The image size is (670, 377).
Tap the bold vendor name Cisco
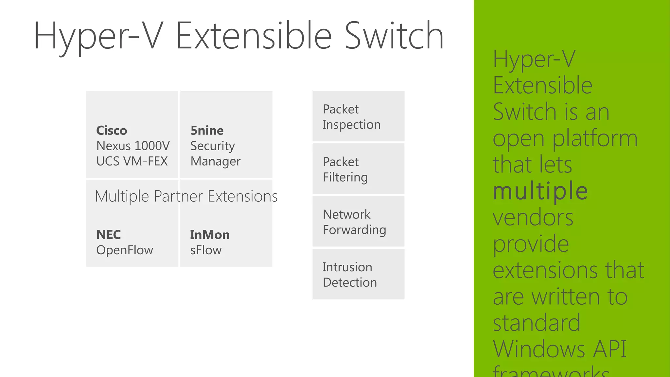pyautogui.click(x=112, y=131)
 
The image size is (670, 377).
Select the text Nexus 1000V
pyautogui.click(x=133, y=146)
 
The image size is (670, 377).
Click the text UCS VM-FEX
pyautogui.click(x=132, y=161)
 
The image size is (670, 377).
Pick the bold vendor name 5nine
pyautogui.click(x=207, y=131)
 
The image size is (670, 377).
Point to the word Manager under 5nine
pyautogui.click(x=215, y=162)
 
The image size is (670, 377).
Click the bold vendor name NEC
pyautogui.click(x=109, y=235)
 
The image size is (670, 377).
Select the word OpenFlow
pyautogui.click(x=125, y=250)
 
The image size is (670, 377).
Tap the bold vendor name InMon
pyautogui.click(x=210, y=235)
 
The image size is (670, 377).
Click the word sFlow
pyautogui.click(x=206, y=250)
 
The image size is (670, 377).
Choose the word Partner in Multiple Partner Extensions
pyautogui.click(x=178, y=196)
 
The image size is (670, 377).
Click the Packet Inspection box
pyautogui.click(x=358, y=116)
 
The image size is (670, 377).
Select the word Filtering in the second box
pyautogui.click(x=345, y=177)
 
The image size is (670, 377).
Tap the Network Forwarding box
pyautogui.click(x=358, y=222)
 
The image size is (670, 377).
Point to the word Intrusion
pyautogui.click(x=347, y=267)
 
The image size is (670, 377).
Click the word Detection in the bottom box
pyautogui.click(x=350, y=282)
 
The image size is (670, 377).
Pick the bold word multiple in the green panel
pyautogui.click(x=540, y=191)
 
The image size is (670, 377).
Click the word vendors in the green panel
pyautogui.click(x=533, y=218)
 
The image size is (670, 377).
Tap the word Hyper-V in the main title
pyautogui.click(x=98, y=36)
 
